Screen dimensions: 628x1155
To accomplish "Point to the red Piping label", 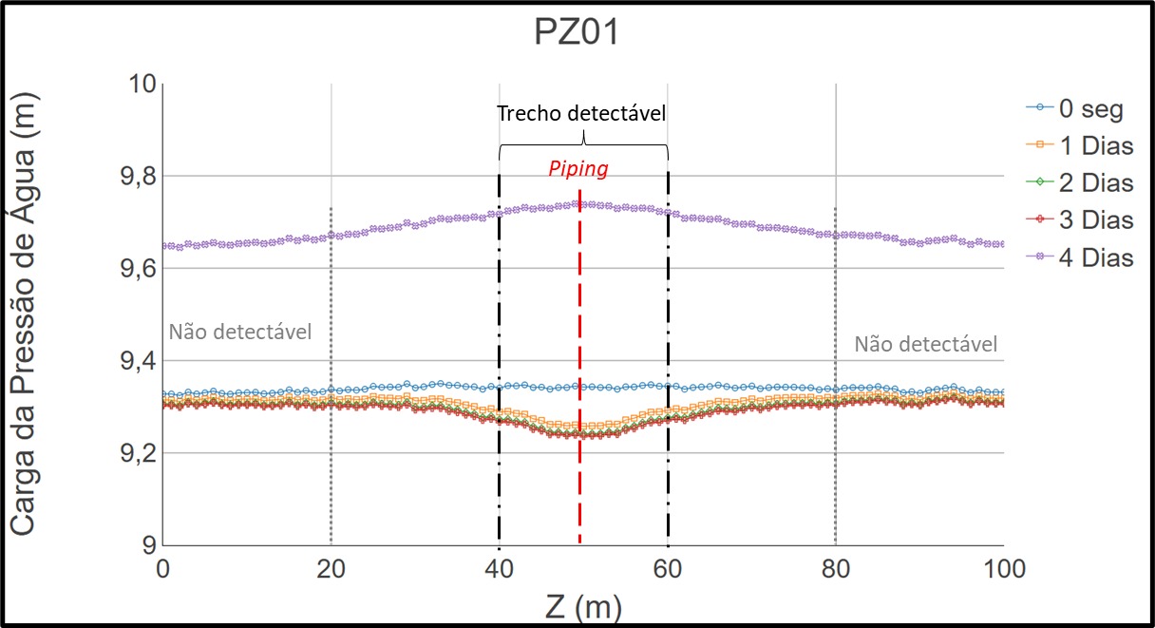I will (x=577, y=169).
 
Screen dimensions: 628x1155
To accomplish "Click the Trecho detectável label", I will (x=582, y=113).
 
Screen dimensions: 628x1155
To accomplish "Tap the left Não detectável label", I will (x=240, y=333).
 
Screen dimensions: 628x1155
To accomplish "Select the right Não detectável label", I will (x=926, y=345).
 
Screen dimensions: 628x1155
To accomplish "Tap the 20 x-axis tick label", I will (x=331, y=569).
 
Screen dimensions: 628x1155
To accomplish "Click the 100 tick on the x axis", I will (x=1003, y=569).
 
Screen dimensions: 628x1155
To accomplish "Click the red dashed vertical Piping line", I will (x=579, y=380).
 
